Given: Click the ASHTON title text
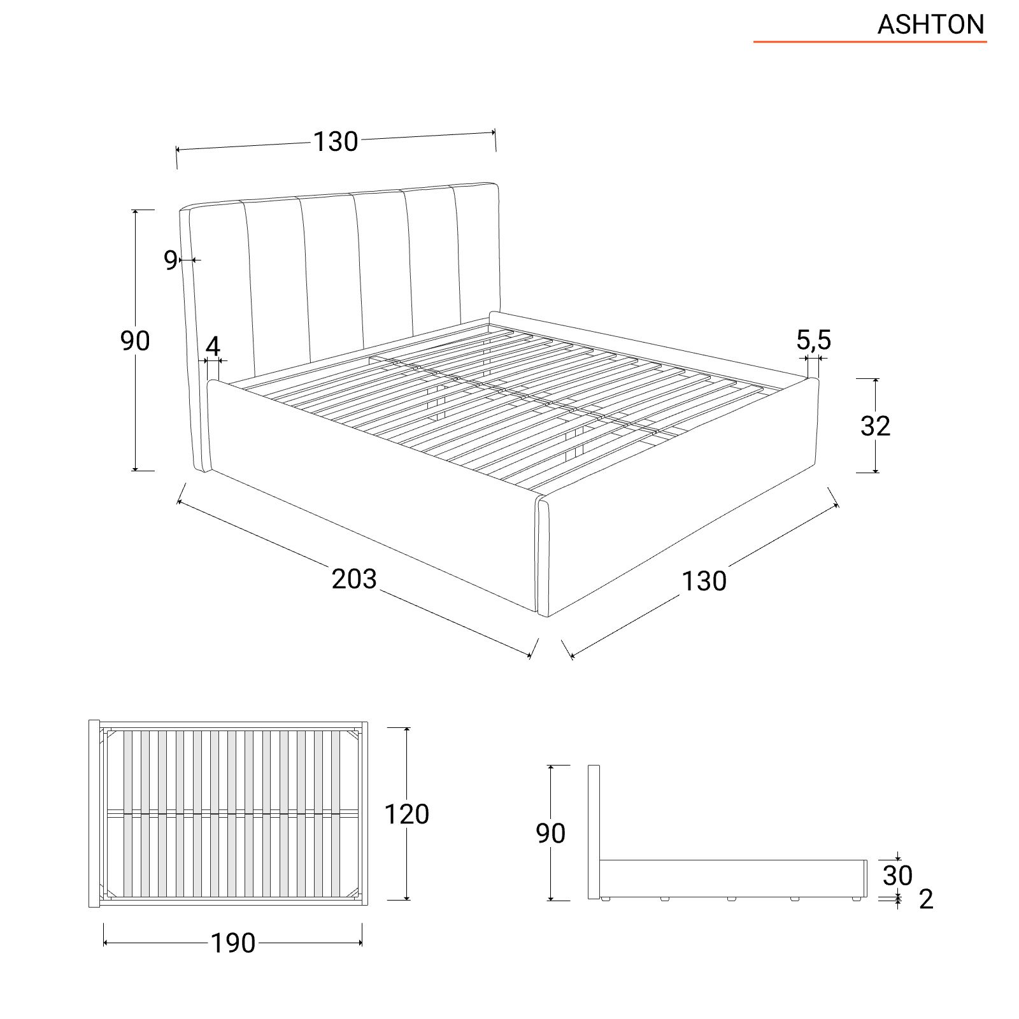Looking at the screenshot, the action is click(x=930, y=24).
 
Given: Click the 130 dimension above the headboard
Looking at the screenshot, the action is click(x=335, y=141).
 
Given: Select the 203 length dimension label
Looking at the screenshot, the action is click(x=354, y=578).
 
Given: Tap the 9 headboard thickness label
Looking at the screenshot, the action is click(x=170, y=260).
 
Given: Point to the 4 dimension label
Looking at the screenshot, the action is click(x=213, y=347).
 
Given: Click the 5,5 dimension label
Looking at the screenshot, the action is click(x=813, y=340).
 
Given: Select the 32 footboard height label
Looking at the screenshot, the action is click(x=875, y=426).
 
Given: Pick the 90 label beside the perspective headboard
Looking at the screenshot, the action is click(x=135, y=341).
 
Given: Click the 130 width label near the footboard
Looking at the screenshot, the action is click(x=704, y=581).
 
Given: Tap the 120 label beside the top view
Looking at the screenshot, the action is click(x=406, y=814).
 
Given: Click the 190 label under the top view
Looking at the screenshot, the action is click(x=233, y=943).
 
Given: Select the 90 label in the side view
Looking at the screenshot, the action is click(x=550, y=833).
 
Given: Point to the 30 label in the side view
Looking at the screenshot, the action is click(x=897, y=876).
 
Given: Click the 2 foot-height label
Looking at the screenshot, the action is click(x=926, y=899).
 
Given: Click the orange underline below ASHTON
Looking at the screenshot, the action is click(x=870, y=42).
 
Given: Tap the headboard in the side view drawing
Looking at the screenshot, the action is click(x=594, y=832).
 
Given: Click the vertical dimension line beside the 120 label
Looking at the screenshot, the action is click(x=407, y=813).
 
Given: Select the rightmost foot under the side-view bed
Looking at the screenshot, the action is click(x=857, y=900).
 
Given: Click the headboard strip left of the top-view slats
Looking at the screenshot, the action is click(x=94, y=813).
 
